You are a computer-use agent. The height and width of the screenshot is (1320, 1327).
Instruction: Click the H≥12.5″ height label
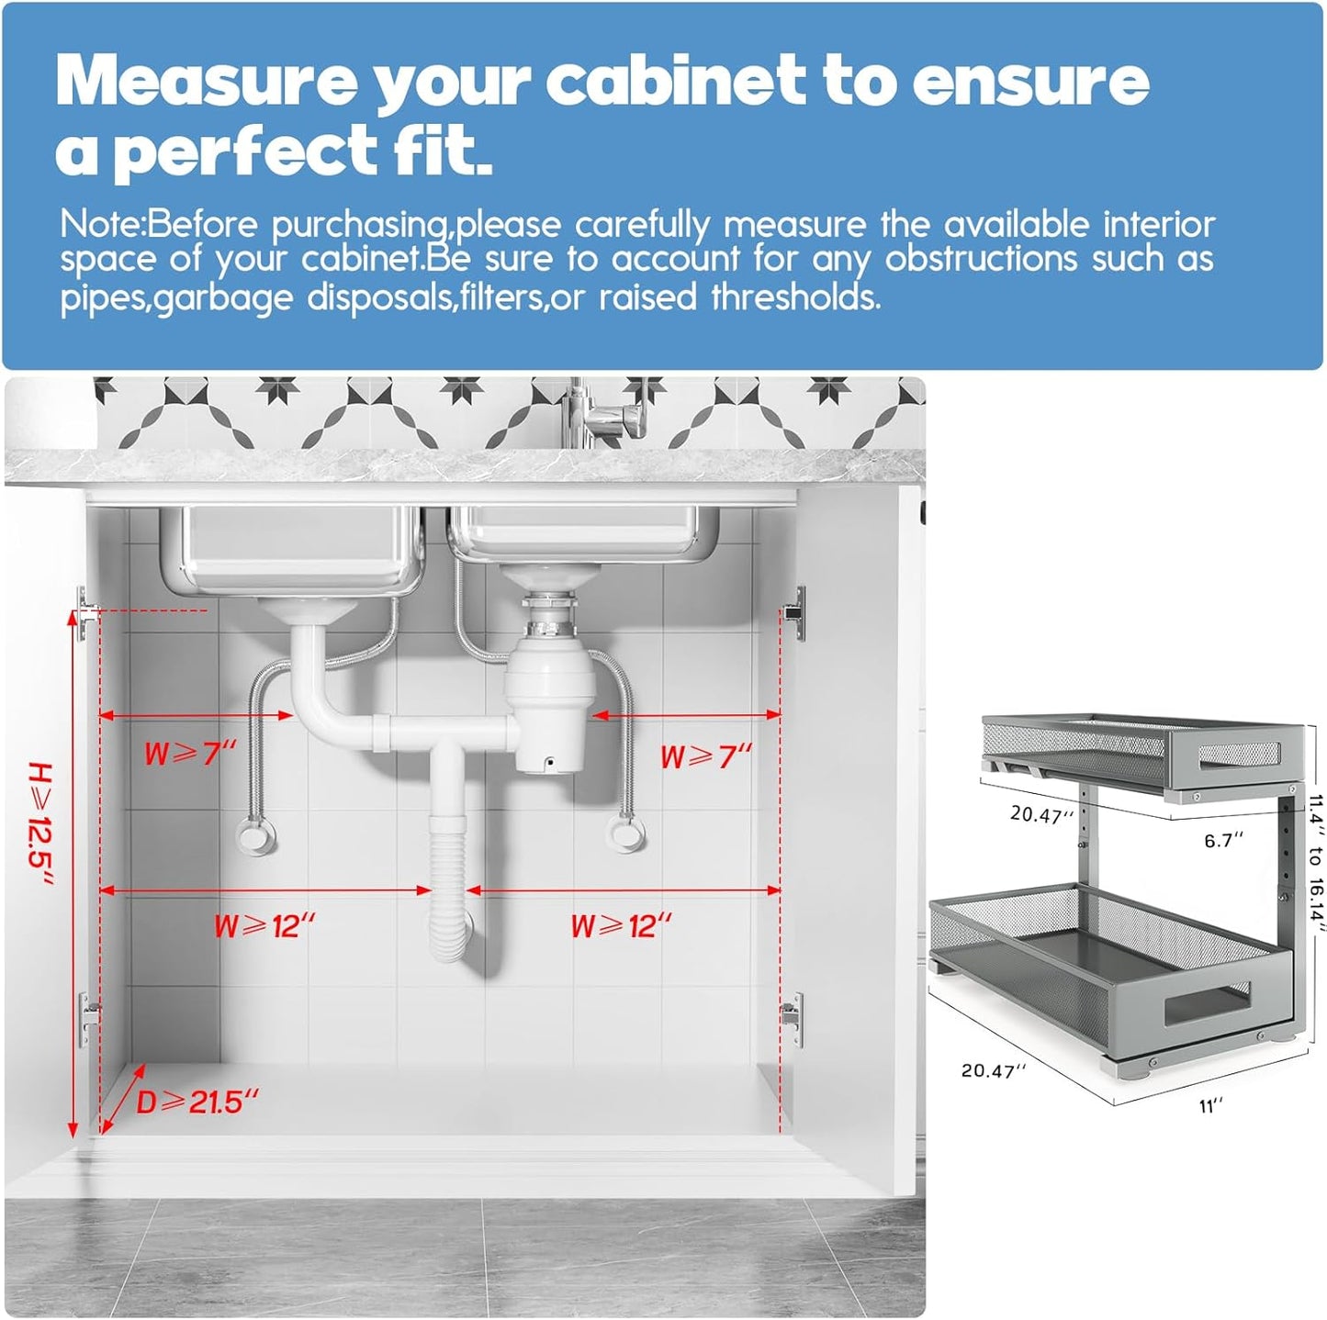pyautogui.click(x=40, y=823)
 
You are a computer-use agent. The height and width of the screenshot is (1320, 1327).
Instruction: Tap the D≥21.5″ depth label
pyautogui.click(x=197, y=1102)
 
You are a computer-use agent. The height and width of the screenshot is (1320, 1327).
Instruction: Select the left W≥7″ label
pyautogui.click(x=190, y=755)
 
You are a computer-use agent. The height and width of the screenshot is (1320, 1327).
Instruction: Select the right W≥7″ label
pyautogui.click(x=706, y=757)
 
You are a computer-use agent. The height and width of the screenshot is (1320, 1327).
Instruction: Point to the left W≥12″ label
pyautogui.click(x=264, y=926)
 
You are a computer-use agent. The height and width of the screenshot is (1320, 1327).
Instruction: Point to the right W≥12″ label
pyautogui.click(x=621, y=926)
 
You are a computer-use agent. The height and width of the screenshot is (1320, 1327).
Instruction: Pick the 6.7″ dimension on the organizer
pyautogui.click(x=1224, y=840)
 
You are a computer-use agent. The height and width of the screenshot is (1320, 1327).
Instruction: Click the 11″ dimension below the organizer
pyautogui.click(x=1211, y=1106)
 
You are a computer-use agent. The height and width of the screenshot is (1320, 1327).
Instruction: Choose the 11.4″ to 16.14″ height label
pyautogui.click(x=1315, y=863)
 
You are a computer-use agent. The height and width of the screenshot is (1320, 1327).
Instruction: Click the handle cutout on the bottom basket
pyautogui.click(x=1207, y=1005)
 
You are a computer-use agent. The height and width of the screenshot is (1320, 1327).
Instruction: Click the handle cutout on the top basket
pyautogui.click(x=1239, y=754)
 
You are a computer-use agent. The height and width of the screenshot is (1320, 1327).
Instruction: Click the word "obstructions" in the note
pyautogui.click(x=981, y=260)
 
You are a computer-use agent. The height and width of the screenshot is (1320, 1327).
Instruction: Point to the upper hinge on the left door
pyautogui.click(x=85, y=612)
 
